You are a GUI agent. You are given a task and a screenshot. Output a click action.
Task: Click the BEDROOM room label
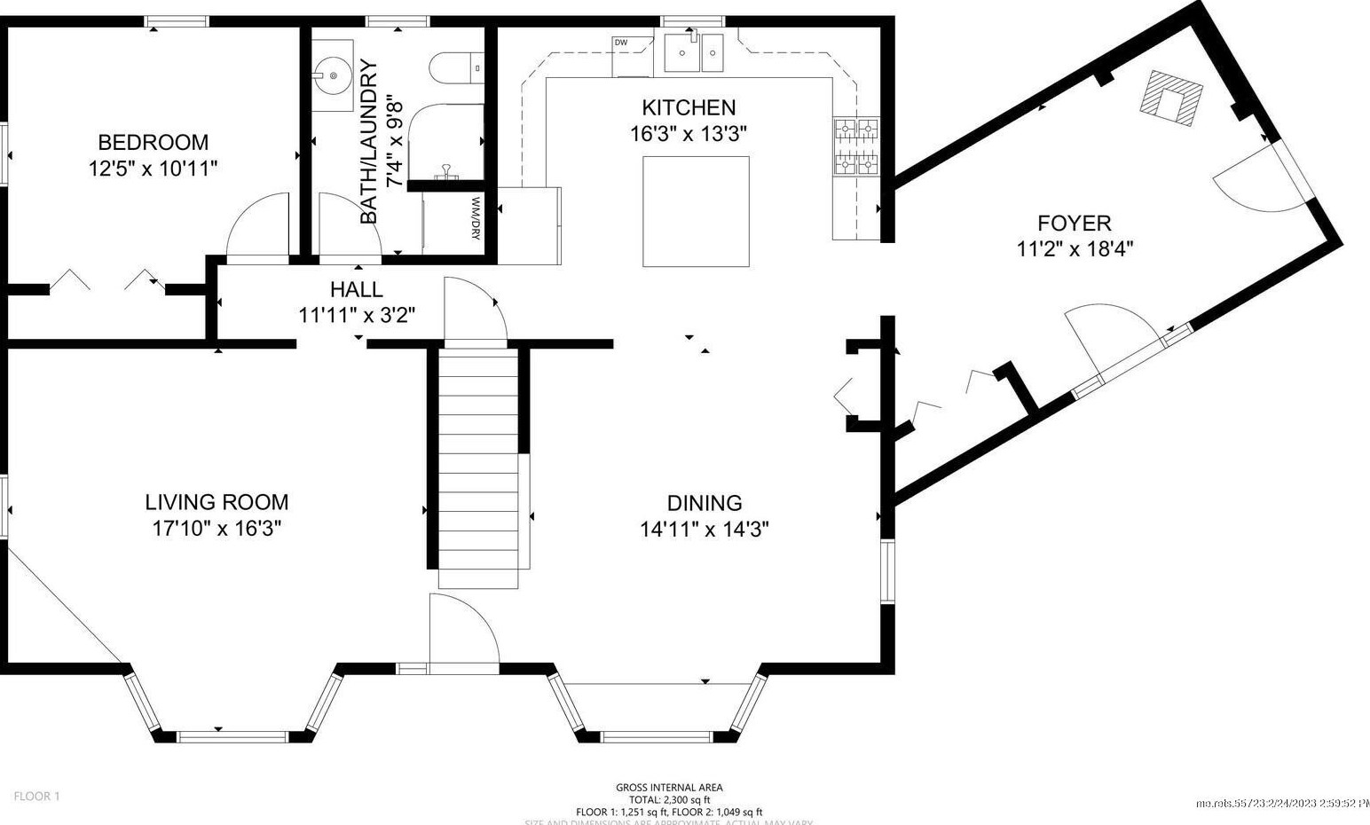153,142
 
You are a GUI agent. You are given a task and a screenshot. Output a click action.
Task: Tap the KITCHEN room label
689,107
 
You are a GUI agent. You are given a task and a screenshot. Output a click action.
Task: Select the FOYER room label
1074,223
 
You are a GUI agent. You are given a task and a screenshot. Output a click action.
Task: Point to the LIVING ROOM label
217,502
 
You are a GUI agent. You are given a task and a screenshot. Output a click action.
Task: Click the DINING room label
704,503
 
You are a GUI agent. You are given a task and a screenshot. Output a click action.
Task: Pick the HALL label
356,289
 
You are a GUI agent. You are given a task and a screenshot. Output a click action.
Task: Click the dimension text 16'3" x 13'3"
689,134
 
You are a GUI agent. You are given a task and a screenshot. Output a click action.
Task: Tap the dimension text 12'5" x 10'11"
153,169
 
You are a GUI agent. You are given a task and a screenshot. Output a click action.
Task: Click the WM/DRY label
476,218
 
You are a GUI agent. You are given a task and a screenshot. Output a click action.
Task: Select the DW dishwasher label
620,43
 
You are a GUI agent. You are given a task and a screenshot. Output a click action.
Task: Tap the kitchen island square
695,211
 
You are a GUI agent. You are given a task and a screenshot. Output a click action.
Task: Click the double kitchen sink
695,52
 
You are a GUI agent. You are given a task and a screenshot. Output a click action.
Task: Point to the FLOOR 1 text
37,796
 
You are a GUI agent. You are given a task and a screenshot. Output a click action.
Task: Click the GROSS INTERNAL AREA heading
669,787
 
